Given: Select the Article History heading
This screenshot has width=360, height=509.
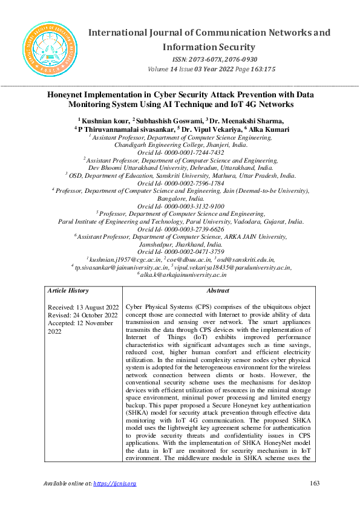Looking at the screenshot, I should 68,291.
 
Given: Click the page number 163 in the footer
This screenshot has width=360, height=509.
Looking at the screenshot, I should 314,483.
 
